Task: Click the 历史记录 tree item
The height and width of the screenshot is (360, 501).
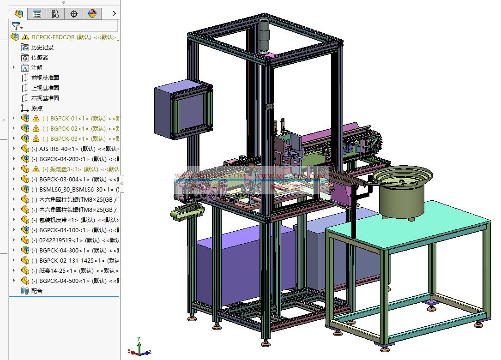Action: click(x=42, y=47)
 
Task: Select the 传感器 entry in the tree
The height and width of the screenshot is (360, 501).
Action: click(x=39, y=57)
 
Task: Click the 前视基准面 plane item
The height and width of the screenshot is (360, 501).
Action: click(x=45, y=78)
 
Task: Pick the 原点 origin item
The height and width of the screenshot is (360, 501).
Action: click(x=36, y=108)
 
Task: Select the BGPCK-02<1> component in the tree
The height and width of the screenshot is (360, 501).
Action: click(x=69, y=128)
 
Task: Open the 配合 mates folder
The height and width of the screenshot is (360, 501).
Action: click(x=36, y=291)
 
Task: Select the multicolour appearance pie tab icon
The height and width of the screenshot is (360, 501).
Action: click(x=92, y=14)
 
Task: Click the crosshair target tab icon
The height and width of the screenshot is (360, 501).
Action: click(x=74, y=14)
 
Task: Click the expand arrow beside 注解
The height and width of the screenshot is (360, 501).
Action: click(x=14, y=67)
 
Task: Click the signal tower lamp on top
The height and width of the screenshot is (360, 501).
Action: click(x=264, y=34)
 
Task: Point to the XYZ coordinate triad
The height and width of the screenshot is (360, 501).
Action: click(x=139, y=348)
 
